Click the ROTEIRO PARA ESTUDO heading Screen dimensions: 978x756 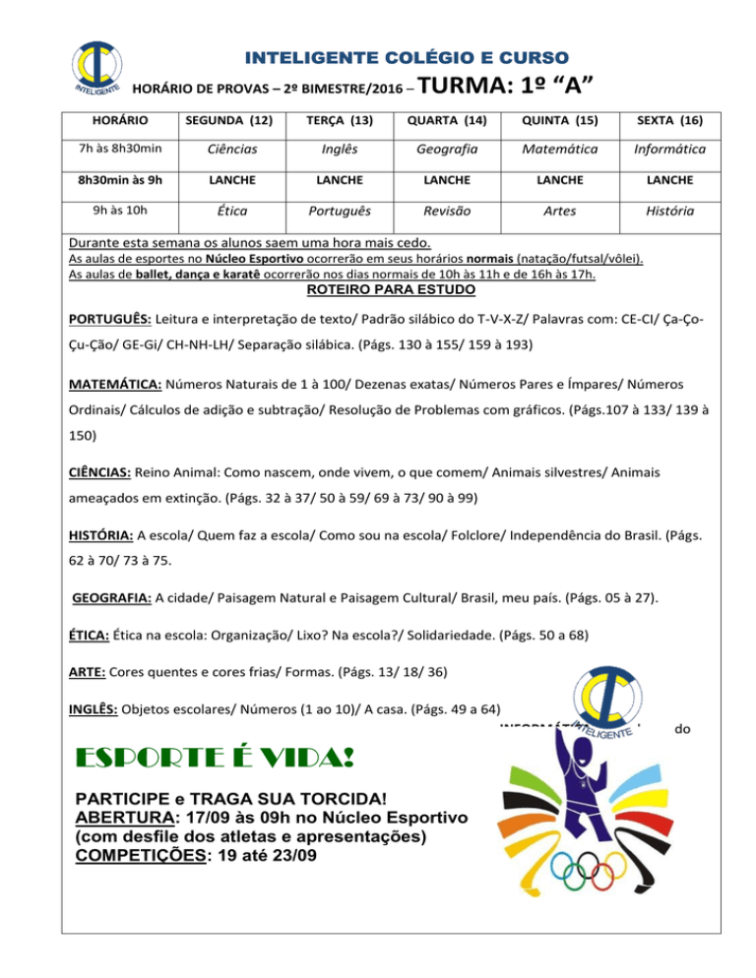click(x=392, y=290)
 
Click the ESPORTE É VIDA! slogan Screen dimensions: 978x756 click(x=217, y=762)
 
